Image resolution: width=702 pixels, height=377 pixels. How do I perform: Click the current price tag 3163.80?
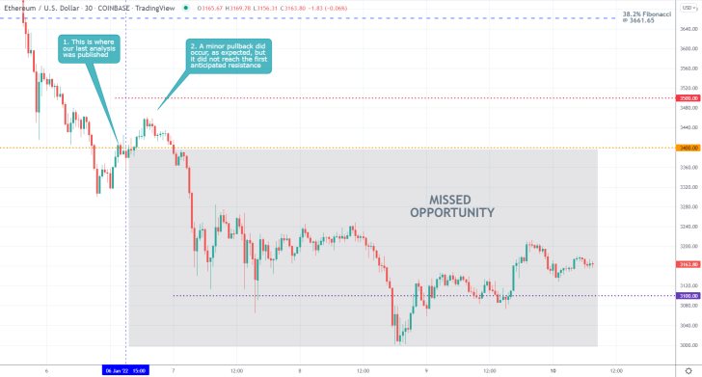pyautogui.click(x=688, y=263)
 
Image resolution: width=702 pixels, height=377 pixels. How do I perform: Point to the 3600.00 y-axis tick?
pyautogui.click(x=688, y=48)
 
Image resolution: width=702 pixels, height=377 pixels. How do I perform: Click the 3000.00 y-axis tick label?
pyautogui.click(x=688, y=345)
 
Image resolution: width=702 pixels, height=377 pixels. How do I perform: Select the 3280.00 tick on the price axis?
pyautogui.click(x=688, y=204)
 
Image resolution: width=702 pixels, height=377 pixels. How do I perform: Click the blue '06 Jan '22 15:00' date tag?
pyautogui.click(x=126, y=369)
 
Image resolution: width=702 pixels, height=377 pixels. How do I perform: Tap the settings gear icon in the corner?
pyautogui.click(x=688, y=369)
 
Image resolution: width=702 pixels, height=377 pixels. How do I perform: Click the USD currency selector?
pyautogui.click(x=688, y=7)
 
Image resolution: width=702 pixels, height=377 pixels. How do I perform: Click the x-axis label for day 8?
pyautogui.click(x=300, y=369)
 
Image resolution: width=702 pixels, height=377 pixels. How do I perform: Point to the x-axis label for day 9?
pyautogui.click(x=426, y=369)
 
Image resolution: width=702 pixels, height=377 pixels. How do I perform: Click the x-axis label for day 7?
pyautogui.click(x=174, y=369)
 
